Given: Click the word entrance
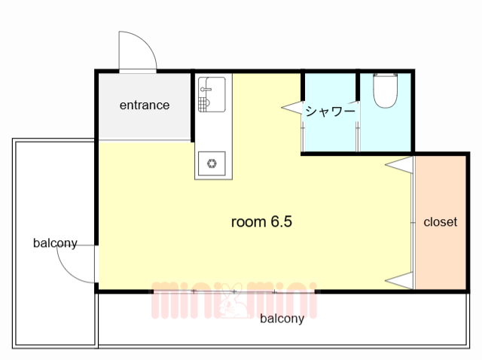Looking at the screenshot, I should (145, 105).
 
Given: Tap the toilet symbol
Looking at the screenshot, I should (386, 91).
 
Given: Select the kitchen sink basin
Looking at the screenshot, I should (213, 94).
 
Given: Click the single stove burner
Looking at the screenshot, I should (212, 162).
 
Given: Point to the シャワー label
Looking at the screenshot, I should (329, 111).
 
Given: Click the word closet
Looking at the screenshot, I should (441, 222).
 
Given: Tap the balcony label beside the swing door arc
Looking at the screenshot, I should (55, 243).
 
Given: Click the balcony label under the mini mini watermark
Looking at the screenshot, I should (282, 319).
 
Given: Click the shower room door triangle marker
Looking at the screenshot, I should (292, 109).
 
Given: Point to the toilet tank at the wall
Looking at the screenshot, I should (386, 75).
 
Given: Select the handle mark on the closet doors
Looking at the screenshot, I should (413, 222).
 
